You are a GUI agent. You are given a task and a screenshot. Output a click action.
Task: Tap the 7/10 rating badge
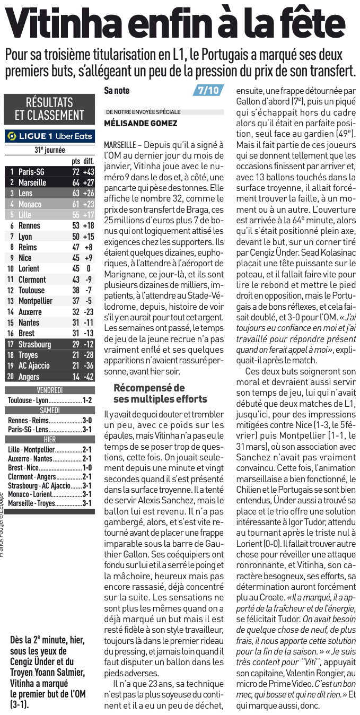[x=208, y=90]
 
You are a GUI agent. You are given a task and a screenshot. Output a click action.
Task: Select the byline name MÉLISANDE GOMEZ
[x=141, y=123]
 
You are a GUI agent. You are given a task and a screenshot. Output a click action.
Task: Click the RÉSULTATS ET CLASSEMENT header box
[x=49, y=108]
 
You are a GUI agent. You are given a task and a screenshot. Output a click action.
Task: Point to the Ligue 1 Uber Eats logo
[x=49, y=136]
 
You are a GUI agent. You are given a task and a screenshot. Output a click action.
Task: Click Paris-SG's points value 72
[x=75, y=172]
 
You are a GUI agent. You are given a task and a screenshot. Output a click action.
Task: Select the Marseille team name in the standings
[x=32, y=182]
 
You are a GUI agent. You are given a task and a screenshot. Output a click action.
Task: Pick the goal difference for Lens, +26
[x=89, y=193]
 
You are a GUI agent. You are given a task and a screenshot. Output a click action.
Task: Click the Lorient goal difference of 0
[x=89, y=268]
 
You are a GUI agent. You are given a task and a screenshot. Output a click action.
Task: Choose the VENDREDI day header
[x=49, y=390]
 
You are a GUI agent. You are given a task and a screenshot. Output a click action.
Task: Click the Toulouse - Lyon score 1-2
[x=87, y=400]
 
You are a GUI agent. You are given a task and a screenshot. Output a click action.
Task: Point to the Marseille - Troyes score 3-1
[x=87, y=503]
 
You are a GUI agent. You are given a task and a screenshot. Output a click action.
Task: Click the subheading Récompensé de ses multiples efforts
[x=160, y=393]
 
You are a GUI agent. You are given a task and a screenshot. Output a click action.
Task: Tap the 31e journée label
[x=49, y=150]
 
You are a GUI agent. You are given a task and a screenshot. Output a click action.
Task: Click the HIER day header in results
[x=49, y=440]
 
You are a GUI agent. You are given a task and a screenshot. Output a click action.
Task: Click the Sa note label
[x=117, y=91]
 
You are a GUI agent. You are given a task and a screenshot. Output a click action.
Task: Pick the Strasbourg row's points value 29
[x=75, y=344]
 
